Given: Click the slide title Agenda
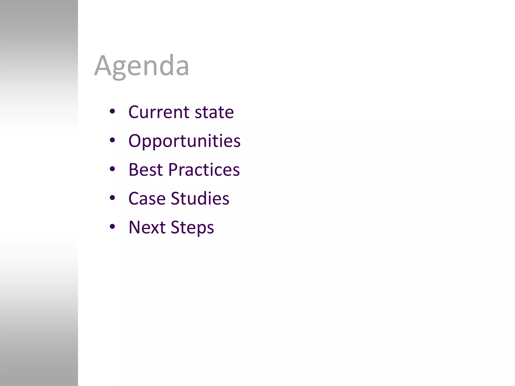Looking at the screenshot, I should tap(142, 66).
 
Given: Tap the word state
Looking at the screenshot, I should tap(214, 112).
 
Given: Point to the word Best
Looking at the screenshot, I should tap(146, 170).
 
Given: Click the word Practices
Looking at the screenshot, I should tap(204, 170).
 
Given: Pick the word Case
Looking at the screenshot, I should tap(147, 199).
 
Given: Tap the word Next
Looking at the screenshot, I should tap(147, 227).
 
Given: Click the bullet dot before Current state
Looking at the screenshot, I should tap(112, 111).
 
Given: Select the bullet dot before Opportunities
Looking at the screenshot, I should tap(112, 140).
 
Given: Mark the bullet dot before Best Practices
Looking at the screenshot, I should tap(112, 169).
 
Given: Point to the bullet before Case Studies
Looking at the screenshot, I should tap(112, 198).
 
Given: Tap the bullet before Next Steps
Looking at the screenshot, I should tap(112, 227).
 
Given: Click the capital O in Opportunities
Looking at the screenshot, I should tap(135, 141).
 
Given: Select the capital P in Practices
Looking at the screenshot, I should tap(174, 170).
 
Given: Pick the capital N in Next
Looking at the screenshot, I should tap(135, 227).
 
